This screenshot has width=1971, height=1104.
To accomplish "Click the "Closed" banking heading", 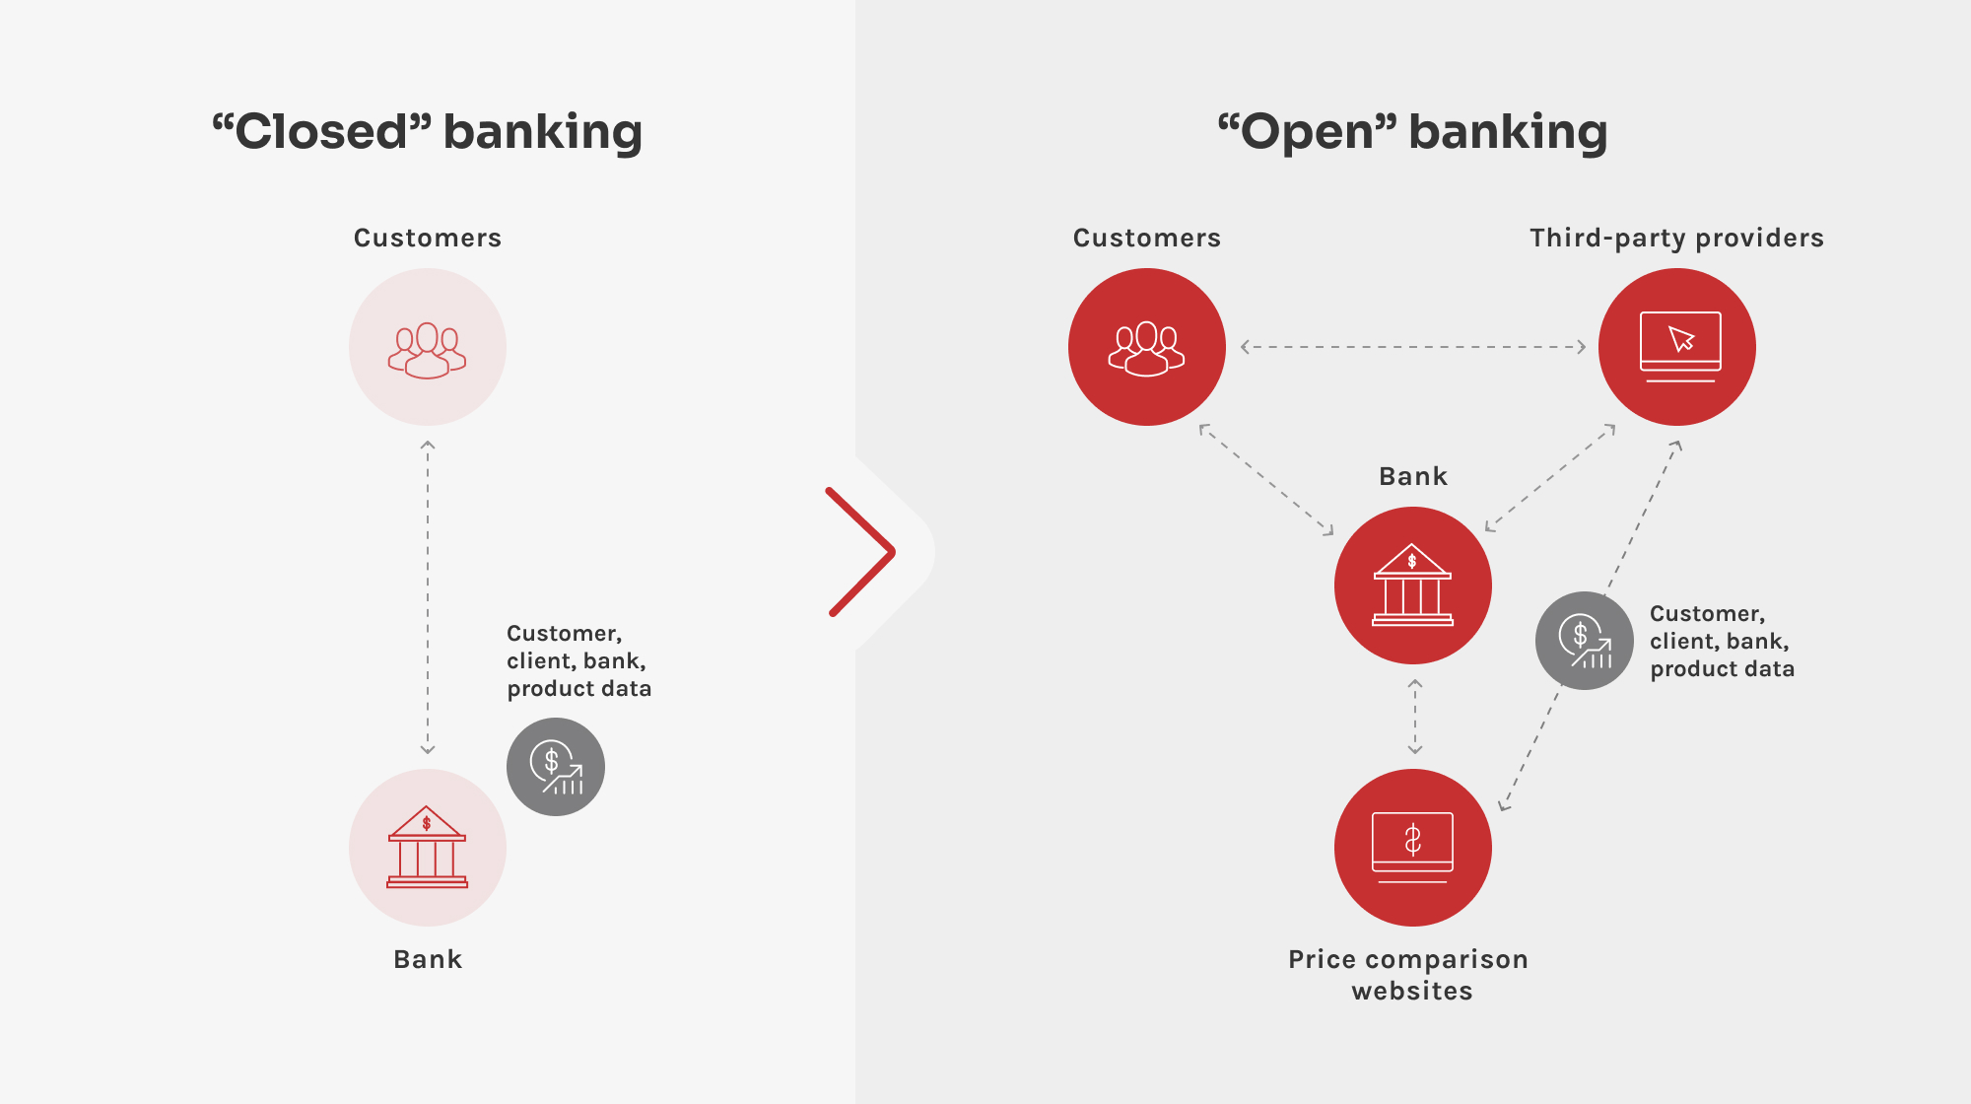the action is point(428,132).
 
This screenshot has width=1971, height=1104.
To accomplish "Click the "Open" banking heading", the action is point(1412,132).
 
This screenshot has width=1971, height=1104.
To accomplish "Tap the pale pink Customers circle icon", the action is point(428,347).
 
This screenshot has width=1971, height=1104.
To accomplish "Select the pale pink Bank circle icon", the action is point(428,848).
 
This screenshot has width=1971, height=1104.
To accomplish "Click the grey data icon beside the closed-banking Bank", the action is point(556,767).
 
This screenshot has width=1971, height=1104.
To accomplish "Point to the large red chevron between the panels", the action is point(861,552).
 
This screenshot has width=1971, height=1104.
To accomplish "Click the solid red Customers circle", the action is point(1147,347).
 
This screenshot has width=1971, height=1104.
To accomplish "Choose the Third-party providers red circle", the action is point(1677,347).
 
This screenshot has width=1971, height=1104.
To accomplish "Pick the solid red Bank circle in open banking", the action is point(1413,586).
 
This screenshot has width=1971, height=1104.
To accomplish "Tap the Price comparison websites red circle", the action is point(1413,848).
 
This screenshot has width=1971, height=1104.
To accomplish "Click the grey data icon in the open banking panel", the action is point(1585,641).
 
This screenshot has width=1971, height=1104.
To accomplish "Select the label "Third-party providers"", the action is point(1676,239).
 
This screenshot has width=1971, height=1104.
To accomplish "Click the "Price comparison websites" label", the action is point(1409,975).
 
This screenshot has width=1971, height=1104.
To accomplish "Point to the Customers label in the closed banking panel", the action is point(428,239).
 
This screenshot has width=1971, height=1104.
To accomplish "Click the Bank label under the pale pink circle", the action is point(428,959).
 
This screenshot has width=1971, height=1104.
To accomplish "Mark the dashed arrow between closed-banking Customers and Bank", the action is point(428,597).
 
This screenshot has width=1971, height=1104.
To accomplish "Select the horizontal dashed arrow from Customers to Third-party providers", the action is point(1412,347).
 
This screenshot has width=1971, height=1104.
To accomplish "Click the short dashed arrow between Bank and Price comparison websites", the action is point(1415,717).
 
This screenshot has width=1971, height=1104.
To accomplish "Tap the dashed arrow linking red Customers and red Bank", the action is point(1266,480).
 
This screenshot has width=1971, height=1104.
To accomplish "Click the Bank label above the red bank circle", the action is point(1413,476).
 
